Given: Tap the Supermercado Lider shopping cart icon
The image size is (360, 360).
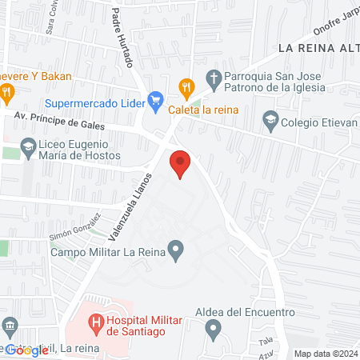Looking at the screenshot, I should click(x=157, y=102).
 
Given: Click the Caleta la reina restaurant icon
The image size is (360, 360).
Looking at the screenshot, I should click(x=186, y=86).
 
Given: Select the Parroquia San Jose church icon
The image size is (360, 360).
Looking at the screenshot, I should click(x=213, y=78).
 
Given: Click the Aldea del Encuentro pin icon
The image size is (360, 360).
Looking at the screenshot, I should click(x=213, y=328).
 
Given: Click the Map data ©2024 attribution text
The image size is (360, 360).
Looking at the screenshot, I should click(x=325, y=353).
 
